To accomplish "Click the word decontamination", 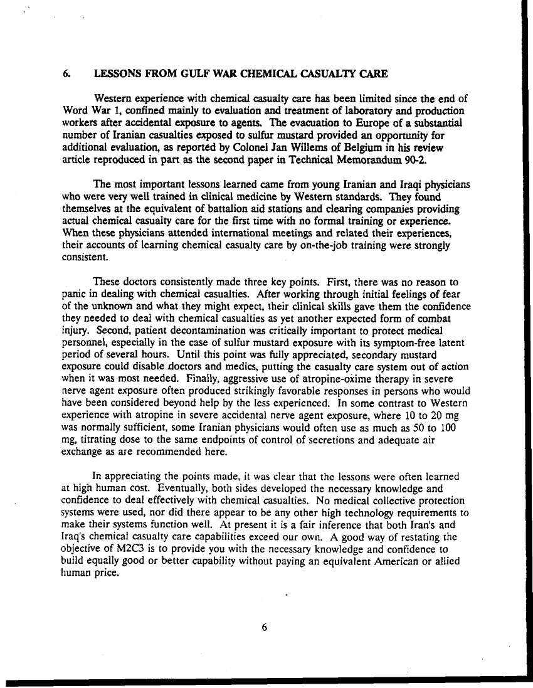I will coord(165,331).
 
